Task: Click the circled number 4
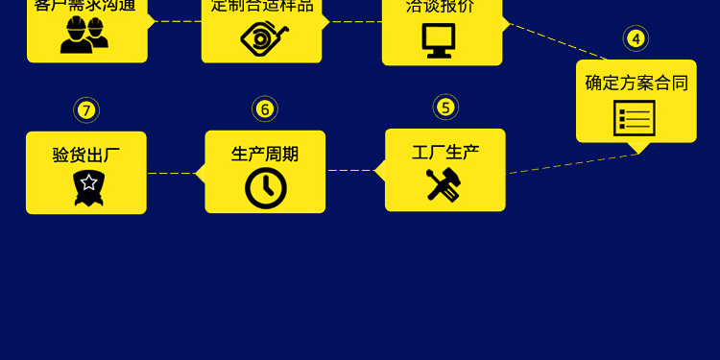click(636, 39)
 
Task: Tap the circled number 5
click(444, 107)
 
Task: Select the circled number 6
click(265, 108)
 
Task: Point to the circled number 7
click(86, 109)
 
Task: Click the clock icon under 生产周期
click(266, 188)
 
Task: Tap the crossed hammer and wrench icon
click(444, 184)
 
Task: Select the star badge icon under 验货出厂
click(87, 188)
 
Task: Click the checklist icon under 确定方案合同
click(635, 118)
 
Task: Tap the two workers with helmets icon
click(84, 36)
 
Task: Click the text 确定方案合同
click(636, 83)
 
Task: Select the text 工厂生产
click(445, 152)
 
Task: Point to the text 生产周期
click(265, 154)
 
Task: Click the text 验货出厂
click(86, 154)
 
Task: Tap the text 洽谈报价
click(441, 6)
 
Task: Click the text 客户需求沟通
click(84, 5)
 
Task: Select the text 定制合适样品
click(262, 5)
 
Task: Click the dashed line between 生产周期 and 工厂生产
click(350, 171)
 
